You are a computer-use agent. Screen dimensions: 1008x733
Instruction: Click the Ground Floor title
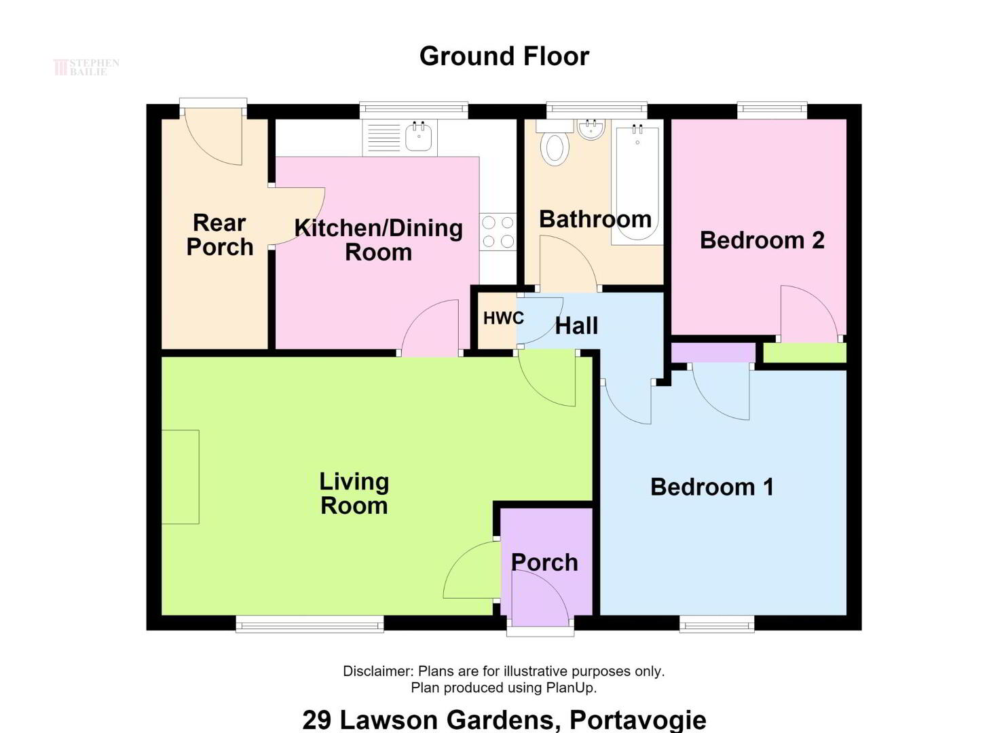504,56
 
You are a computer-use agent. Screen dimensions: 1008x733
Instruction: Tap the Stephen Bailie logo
86,67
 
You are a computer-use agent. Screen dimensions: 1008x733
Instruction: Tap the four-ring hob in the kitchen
498,231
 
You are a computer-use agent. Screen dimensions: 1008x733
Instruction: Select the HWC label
504,318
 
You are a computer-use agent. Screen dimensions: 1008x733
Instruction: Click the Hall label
576,326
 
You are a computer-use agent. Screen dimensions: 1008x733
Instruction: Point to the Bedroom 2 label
762,240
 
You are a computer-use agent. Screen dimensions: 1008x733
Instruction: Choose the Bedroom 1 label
712,487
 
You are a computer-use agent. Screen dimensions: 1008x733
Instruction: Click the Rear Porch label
220,235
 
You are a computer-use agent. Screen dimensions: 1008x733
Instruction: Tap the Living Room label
354,493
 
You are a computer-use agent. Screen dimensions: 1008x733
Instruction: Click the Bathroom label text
595,219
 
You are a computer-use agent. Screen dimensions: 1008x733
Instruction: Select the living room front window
310,624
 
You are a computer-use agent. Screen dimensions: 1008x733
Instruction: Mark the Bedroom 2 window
772,111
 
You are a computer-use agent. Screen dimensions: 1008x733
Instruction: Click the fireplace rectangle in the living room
180,477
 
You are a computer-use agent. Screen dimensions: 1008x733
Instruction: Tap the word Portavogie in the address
637,719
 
